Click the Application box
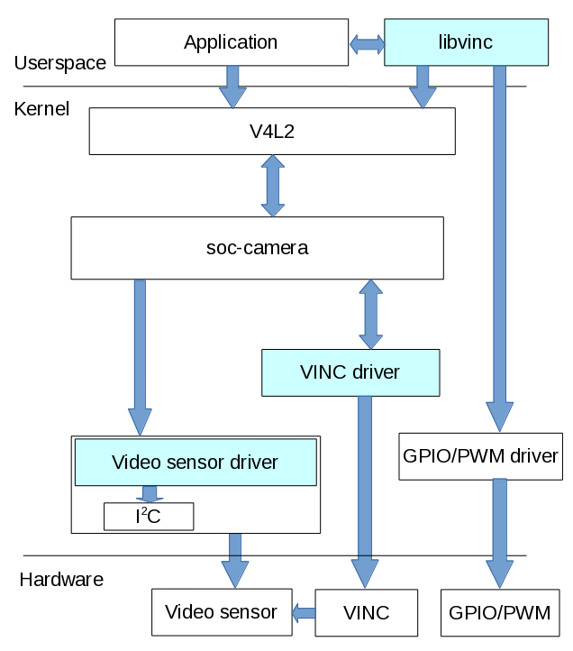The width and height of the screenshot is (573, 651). point(231,42)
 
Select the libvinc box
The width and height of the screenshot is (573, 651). point(466,42)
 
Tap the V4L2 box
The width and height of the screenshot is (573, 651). point(271,132)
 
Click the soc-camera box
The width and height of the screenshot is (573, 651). point(257,247)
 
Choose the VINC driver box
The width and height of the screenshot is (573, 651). point(350,372)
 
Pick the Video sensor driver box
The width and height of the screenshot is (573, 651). point(196,463)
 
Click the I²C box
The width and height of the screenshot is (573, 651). point(149,517)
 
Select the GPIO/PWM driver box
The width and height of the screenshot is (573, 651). point(480,456)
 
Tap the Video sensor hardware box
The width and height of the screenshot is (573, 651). point(222,613)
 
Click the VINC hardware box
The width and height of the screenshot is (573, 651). point(367,613)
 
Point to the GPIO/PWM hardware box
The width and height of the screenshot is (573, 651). point(499,614)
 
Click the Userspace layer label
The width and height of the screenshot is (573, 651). point(60,63)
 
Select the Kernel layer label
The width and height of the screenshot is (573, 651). point(41,109)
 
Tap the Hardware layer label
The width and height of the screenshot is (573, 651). point(61,580)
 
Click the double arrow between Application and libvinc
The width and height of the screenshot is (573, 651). point(367,42)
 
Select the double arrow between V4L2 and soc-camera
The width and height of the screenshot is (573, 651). point(271,186)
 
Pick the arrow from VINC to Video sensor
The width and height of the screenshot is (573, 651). point(304,613)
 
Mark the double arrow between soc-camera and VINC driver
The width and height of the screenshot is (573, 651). point(370,314)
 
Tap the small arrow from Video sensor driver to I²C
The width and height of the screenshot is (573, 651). point(150,494)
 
